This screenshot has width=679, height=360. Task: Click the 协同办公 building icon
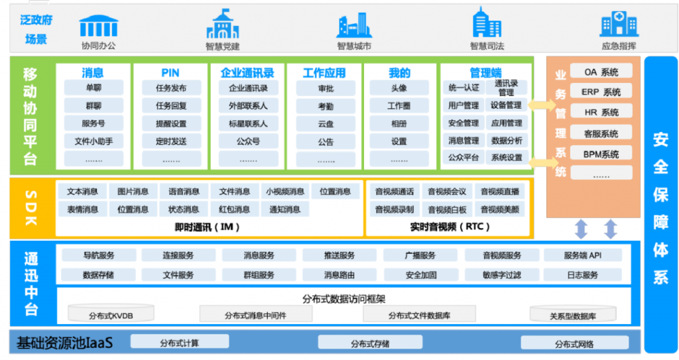pyautogui.click(x=99, y=26)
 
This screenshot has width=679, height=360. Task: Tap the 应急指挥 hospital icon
pyautogui.click(x=619, y=24)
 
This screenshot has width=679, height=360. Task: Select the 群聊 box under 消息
pyautogui.click(x=93, y=105)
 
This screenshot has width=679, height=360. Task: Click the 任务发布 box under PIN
pyautogui.click(x=171, y=88)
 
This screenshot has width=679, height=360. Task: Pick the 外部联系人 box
pyautogui.click(x=248, y=105)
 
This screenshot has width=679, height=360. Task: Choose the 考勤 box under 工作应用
pyautogui.click(x=326, y=106)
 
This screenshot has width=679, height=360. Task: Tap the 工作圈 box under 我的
pyautogui.click(x=399, y=105)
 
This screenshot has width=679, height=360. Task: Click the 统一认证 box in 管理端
pyautogui.click(x=463, y=88)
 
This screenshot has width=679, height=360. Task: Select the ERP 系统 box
pyautogui.click(x=601, y=92)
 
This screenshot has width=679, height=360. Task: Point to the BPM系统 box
pyautogui.click(x=601, y=154)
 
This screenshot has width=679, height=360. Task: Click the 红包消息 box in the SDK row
pyautogui.click(x=234, y=210)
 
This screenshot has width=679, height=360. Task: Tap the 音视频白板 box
pyautogui.click(x=447, y=210)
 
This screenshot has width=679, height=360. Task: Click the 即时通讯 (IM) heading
pyautogui.click(x=207, y=227)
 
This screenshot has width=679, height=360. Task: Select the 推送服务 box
pyautogui.click(x=339, y=256)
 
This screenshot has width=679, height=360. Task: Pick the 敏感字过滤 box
pyautogui.click(x=502, y=274)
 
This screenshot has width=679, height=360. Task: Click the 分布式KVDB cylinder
pyautogui.click(x=111, y=313)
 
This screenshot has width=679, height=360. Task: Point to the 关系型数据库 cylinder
pyautogui.click(x=573, y=314)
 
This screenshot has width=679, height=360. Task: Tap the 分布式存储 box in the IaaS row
pyautogui.click(x=370, y=343)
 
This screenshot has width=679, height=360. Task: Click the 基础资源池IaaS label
pyautogui.click(x=64, y=343)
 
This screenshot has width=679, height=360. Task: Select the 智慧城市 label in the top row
pyautogui.click(x=354, y=46)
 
